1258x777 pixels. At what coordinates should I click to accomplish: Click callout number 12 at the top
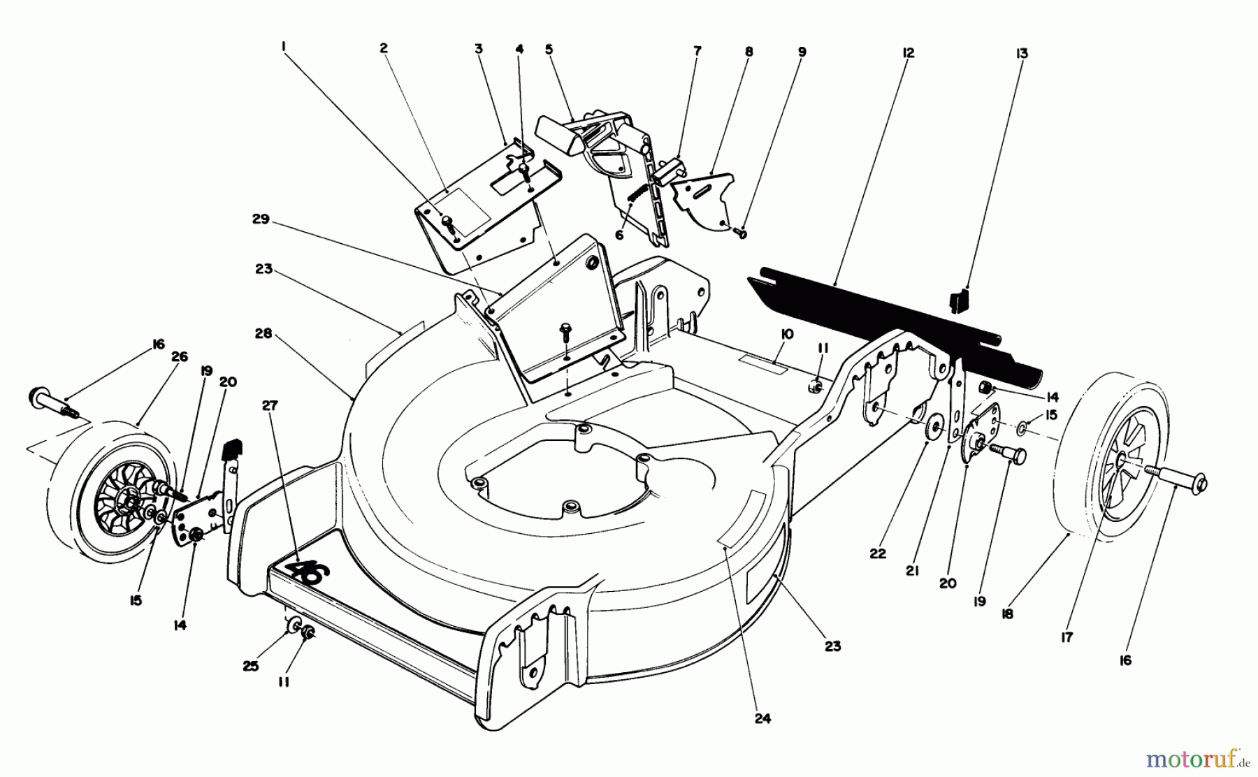click(x=908, y=53)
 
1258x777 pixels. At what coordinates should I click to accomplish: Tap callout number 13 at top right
click(x=1022, y=53)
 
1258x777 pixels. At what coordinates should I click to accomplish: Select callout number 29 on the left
click(x=260, y=219)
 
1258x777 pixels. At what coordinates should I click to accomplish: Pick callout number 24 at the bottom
click(x=762, y=718)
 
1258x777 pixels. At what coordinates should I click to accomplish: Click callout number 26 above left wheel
click(x=179, y=356)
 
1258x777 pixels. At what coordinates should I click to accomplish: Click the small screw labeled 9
click(x=742, y=234)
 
